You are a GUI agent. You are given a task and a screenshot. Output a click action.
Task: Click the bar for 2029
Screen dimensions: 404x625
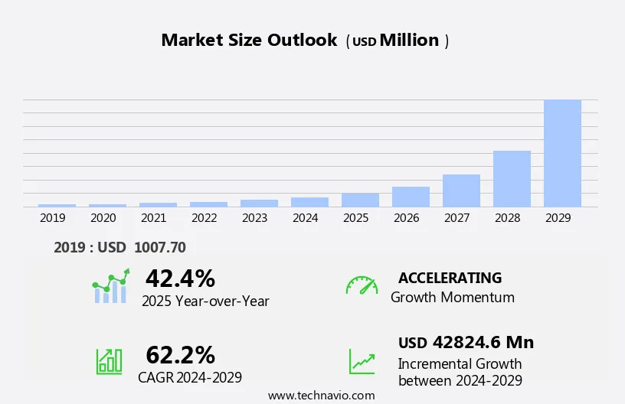(x=562, y=153)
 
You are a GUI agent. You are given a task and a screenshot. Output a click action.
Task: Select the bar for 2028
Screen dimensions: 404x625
(x=512, y=178)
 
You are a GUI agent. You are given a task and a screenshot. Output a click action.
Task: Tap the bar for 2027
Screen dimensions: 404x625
(x=461, y=191)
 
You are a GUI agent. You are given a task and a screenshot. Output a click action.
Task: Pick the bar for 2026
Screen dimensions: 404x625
(x=411, y=197)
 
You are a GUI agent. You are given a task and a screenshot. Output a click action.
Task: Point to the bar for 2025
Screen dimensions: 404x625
(x=360, y=200)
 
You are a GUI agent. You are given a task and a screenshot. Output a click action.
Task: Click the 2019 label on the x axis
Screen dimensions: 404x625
(x=53, y=218)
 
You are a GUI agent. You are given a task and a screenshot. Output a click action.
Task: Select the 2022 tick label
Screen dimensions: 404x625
(x=205, y=218)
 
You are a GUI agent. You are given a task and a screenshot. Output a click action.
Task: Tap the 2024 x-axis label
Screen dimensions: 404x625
(x=306, y=218)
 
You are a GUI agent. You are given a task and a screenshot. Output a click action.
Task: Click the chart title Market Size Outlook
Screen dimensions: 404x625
(x=249, y=41)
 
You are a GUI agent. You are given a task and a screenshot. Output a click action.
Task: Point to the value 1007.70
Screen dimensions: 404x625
(x=159, y=247)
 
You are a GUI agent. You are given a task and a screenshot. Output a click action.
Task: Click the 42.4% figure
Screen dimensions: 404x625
(x=180, y=278)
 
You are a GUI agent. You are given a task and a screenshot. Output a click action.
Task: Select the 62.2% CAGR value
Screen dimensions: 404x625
(x=180, y=355)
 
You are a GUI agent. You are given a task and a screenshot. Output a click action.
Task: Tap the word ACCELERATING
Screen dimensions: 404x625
(x=450, y=278)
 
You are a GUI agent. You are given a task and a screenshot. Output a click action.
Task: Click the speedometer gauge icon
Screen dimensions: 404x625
(x=362, y=285)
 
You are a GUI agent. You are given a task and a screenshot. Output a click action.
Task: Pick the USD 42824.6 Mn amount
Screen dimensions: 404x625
(x=466, y=342)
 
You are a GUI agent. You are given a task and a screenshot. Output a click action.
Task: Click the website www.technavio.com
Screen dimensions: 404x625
(x=322, y=396)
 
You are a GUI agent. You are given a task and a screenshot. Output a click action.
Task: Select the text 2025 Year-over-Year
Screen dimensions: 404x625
(x=205, y=301)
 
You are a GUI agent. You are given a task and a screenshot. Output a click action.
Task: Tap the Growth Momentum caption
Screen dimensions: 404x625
(x=452, y=297)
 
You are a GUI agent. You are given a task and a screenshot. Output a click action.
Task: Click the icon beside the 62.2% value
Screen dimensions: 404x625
(x=109, y=361)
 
